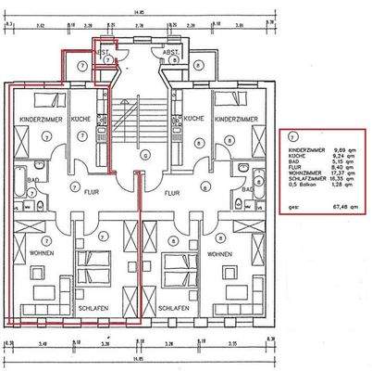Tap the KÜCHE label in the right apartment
pos(193,120)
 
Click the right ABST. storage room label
pos(170,53)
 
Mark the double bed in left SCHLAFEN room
pos(93,269)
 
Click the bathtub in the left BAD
pos(18,191)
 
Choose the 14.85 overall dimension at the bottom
pos(140,356)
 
